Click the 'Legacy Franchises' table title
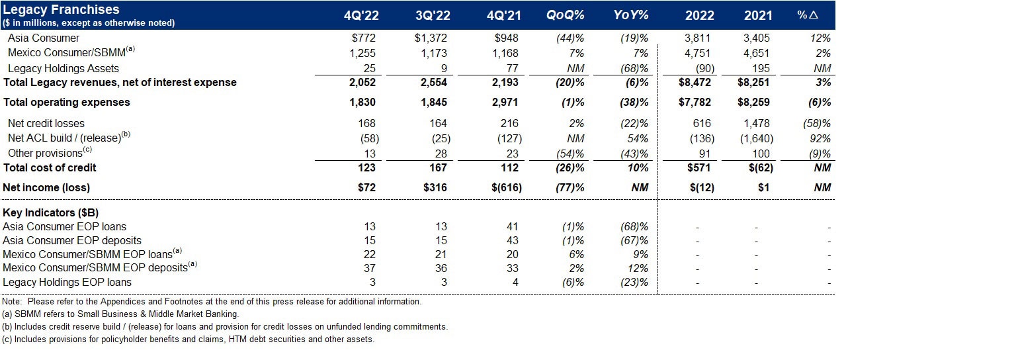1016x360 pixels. [x=62, y=9]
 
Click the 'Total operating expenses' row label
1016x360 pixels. [x=66, y=103]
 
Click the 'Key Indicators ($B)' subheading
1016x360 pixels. [x=51, y=214]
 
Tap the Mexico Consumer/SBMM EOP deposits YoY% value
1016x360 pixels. [x=638, y=269]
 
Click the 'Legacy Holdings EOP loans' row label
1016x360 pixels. [x=67, y=283]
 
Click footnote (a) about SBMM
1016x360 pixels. [x=120, y=314]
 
